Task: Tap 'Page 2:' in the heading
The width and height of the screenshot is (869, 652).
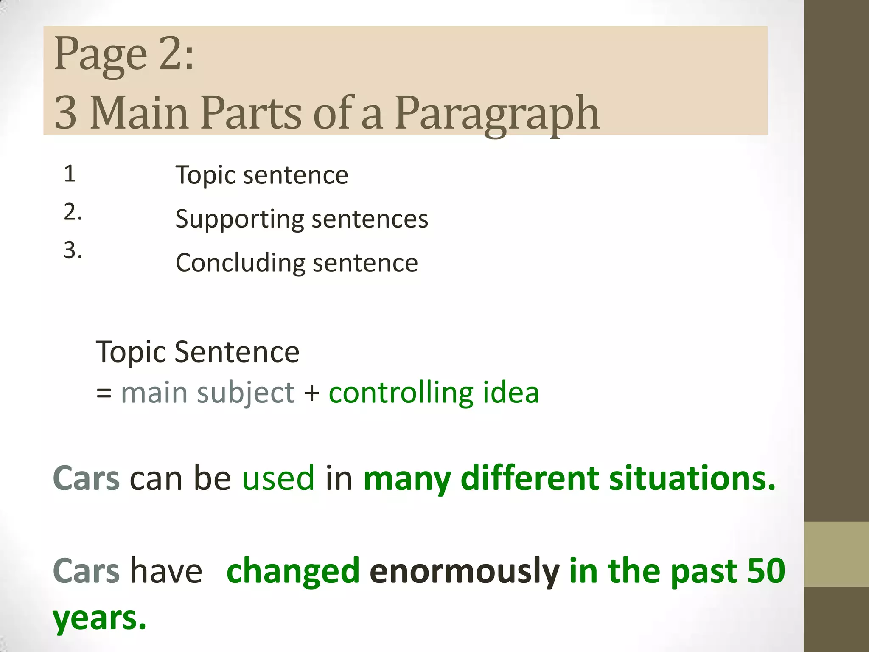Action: coord(124,54)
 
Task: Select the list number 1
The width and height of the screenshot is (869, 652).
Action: coord(70,174)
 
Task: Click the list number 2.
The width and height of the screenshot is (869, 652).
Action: coord(72,212)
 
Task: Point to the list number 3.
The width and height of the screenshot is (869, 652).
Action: coord(72,250)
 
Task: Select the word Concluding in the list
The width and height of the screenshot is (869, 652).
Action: coord(240,263)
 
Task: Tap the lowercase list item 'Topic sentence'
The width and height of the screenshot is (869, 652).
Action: coord(262,175)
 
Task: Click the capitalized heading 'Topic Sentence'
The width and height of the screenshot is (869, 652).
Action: coord(198,352)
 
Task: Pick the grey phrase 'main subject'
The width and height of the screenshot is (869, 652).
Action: coord(207,392)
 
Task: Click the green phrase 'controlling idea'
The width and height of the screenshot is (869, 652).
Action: coord(434,392)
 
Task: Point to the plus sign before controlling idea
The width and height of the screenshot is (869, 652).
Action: coord(312,393)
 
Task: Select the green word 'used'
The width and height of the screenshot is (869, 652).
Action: coord(278,478)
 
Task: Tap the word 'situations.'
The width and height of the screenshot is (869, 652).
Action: coord(692,478)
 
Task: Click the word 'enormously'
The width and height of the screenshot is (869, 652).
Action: coord(464,571)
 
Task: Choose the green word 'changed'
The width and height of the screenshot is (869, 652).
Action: coord(293,571)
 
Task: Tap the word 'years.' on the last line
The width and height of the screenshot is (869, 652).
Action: coord(99,619)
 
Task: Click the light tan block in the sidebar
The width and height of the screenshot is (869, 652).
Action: coord(836,554)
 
